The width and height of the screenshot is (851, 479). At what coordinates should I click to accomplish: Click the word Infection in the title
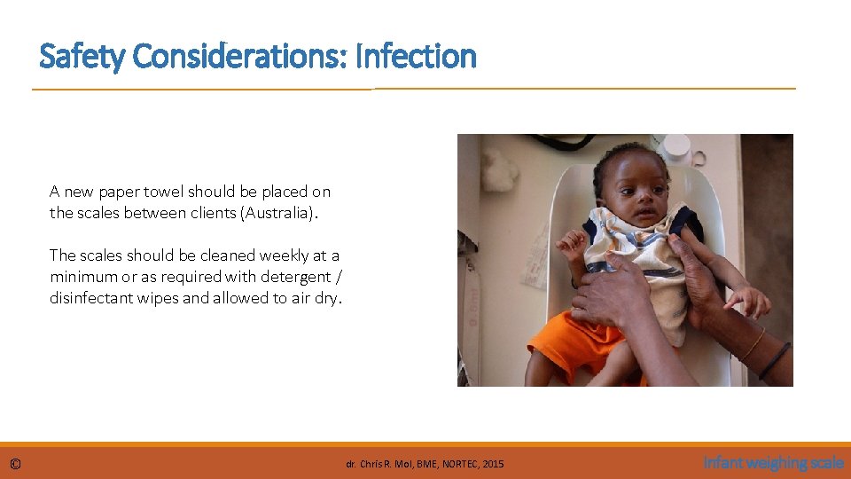tap(415, 57)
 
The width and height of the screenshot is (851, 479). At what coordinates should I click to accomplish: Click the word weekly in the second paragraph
tap(281, 255)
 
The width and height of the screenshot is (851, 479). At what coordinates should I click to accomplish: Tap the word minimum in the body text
tap(82, 277)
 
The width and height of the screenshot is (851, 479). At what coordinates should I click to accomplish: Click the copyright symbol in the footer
tap(15, 463)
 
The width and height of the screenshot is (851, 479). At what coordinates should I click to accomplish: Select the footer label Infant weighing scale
tap(773, 462)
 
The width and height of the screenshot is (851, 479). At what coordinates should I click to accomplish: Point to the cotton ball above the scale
tap(500, 169)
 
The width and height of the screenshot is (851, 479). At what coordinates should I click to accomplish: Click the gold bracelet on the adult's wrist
tap(753, 343)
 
